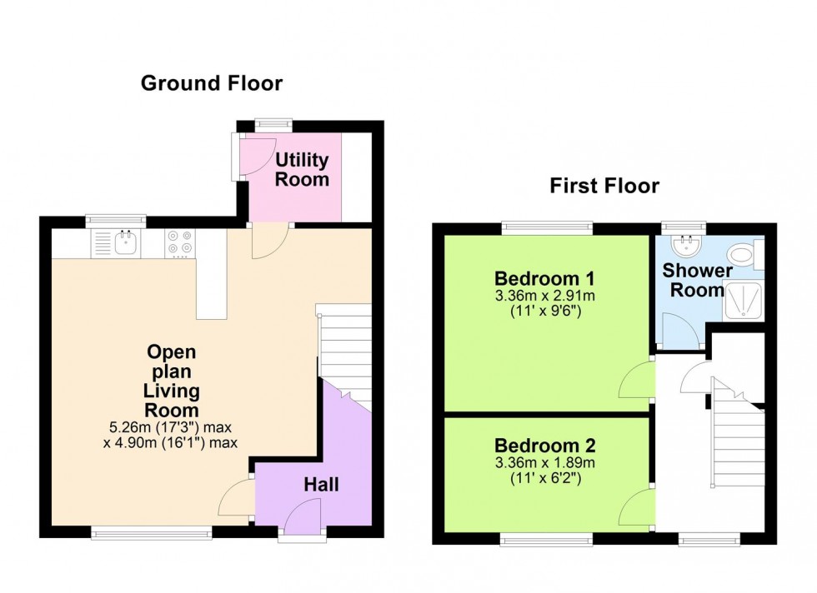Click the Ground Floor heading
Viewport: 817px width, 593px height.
click(x=211, y=83)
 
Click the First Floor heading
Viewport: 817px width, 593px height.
click(x=604, y=186)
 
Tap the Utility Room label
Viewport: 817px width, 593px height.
click(x=302, y=169)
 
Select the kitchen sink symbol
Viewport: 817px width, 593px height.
click(x=128, y=242)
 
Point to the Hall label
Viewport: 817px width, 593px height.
click(x=321, y=484)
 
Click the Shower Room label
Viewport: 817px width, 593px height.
click(x=697, y=281)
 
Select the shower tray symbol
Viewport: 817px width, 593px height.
click(x=739, y=301)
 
